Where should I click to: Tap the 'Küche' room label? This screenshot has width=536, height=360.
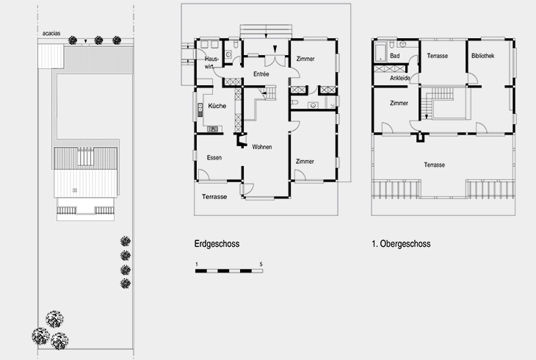pyautogui.click(x=217, y=106)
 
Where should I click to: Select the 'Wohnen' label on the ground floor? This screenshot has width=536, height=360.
pyautogui.click(x=262, y=147)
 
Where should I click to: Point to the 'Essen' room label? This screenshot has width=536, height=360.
pyautogui.click(x=214, y=158)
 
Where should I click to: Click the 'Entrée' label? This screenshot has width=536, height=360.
pyautogui.click(x=261, y=74)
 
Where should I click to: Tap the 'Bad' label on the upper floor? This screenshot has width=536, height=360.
pyautogui.click(x=395, y=55)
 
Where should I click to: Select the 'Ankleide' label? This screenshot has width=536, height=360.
pyautogui.click(x=400, y=79)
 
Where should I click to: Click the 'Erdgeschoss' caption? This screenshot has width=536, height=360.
pyautogui.click(x=217, y=244)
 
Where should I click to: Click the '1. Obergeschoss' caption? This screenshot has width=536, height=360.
pyautogui.click(x=401, y=244)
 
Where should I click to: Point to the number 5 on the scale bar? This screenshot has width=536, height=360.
pyautogui.click(x=261, y=263)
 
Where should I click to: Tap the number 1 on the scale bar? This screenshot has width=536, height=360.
pyautogui.click(x=196, y=263)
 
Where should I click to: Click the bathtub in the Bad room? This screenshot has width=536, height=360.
pyautogui.click(x=380, y=53)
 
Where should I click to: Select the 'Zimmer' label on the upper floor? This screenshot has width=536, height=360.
pyautogui.click(x=399, y=104)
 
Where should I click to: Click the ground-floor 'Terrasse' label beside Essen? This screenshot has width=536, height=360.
pyautogui.click(x=214, y=197)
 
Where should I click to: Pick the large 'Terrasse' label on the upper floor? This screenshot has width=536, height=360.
pyautogui.click(x=434, y=165)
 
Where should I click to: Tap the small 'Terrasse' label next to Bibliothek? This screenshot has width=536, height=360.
pyautogui.click(x=438, y=55)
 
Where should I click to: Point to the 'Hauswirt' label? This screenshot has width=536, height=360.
pyautogui.click(x=211, y=62)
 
